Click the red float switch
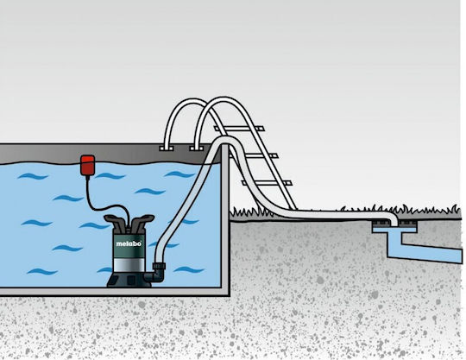point(88,166)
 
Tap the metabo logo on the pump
point(129,243)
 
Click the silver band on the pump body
point(129,265)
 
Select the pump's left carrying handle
point(114,223)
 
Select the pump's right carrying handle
point(142,222)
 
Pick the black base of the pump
point(129,280)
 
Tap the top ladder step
point(239,129)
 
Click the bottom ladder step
point(268,183)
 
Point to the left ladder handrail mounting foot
point(167,148)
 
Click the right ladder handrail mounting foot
point(197,148)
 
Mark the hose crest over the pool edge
point(223,141)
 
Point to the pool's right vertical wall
point(225,220)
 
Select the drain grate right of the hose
point(408,223)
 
